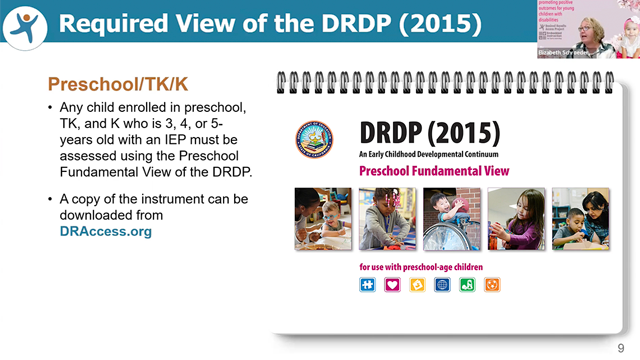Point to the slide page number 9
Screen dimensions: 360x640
coord(620,347)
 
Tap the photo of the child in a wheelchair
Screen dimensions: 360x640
coord(451,219)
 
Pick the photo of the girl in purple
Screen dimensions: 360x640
coord(515,219)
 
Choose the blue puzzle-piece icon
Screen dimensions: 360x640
coord(368,285)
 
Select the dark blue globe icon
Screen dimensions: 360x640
coord(442,285)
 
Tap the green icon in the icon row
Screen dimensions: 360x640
coord(467,285)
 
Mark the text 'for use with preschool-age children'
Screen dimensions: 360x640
coord(422,268)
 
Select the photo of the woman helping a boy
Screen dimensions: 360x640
coord(581,219)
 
